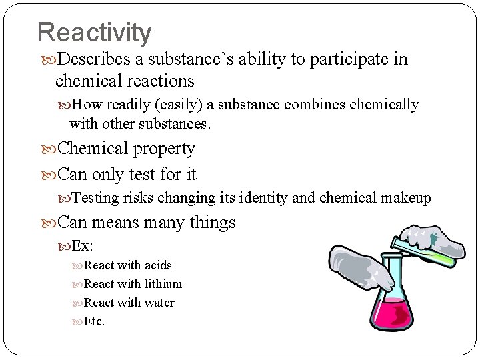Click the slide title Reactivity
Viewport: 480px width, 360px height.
94,32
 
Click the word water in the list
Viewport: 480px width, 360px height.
159,303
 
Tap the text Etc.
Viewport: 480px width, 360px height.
95,321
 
